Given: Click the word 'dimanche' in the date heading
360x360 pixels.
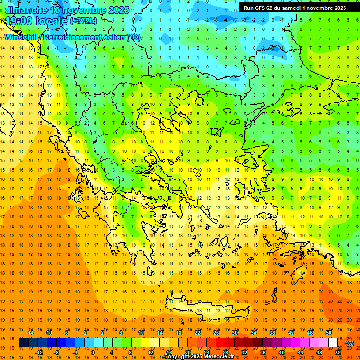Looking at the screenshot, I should point(26,9).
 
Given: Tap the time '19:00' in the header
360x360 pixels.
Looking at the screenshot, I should point(20,21).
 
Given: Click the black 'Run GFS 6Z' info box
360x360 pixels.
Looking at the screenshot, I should point(295,7).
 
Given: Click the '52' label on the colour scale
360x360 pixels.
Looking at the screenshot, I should point(338,352).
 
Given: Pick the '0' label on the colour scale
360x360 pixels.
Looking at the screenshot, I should point(93,352).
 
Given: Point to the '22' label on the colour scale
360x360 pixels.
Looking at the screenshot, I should point(197,332).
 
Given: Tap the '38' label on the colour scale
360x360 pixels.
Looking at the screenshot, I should point(272,332).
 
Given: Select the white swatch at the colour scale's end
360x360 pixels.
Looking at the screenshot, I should point(333,343).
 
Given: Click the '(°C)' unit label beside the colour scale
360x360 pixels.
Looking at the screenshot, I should point(349,343).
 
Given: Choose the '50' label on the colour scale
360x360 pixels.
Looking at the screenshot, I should point(329,332).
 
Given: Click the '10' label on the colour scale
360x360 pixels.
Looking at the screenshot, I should point(141,332).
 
